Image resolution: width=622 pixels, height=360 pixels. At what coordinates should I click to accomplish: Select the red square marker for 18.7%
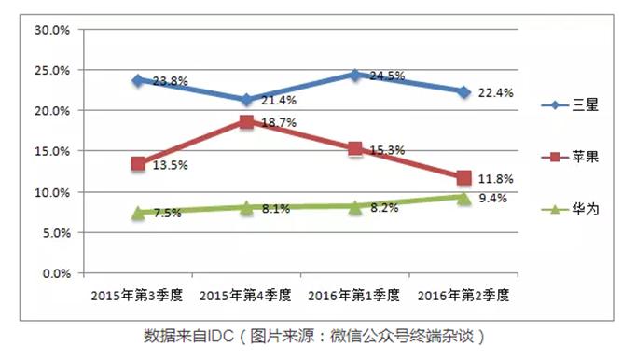tap(246, 121)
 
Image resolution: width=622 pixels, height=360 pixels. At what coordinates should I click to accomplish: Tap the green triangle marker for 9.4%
tap(463, 197)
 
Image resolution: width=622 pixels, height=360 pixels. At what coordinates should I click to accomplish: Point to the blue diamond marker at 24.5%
tap(354, 74)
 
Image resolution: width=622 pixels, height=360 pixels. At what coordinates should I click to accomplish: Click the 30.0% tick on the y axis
tap(52, 30)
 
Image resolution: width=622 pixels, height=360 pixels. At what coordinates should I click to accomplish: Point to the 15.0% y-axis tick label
tap(52, 152)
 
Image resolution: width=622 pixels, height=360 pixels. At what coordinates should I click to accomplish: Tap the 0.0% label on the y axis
tap(56, 274)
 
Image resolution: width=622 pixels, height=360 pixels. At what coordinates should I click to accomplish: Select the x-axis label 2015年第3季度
tap(137, 295)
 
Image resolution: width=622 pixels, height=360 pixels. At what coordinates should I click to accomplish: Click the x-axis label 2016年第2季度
tap(463, 295)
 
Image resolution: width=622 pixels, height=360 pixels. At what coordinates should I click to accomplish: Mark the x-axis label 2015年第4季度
tap(245, 295)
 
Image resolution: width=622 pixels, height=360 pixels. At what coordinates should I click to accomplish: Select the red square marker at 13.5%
tap(138, 163)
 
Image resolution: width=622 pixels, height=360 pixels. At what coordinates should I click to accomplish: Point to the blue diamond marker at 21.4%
tap(246, 100)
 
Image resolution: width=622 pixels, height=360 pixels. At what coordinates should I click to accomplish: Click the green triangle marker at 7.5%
tap(138, 213)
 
